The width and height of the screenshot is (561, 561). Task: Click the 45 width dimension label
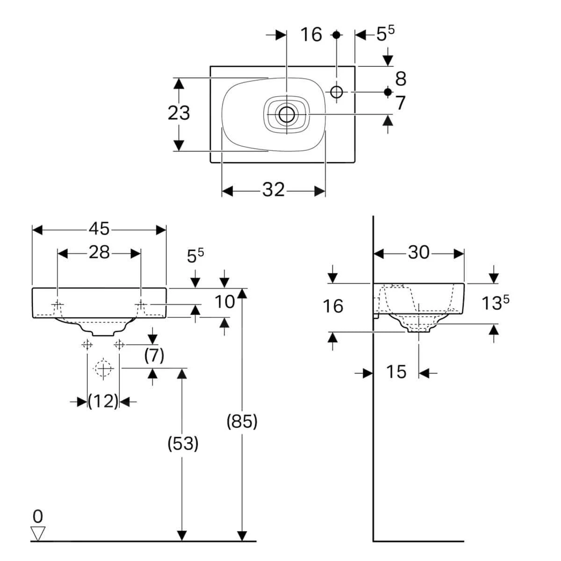click(99, 229)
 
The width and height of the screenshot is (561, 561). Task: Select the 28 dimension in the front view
click(99, 252)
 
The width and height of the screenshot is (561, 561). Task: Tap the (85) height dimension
click(242, 421)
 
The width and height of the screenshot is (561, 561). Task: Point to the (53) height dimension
click(183, 443)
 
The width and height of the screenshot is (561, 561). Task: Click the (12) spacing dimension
click(103, 401)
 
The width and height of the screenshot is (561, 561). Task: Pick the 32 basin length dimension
click(273, 190)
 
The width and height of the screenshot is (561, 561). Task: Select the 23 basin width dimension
click(179, 113)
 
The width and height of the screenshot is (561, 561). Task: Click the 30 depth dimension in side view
click(418, 252)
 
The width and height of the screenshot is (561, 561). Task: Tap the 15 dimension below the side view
click(396, 372)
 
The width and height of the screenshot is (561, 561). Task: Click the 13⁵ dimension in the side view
click(495, 303)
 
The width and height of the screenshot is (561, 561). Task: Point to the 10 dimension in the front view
click(224, 302)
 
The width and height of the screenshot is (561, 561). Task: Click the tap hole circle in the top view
click(337, 92)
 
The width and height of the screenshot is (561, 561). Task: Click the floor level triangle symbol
click(37, 533)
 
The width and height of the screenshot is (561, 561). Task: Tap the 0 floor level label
click(37, 516)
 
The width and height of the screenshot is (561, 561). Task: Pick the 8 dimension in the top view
click(401, 79)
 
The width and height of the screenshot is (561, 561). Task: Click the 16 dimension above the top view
click(311, 35)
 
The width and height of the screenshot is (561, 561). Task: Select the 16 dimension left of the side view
click(333, 306)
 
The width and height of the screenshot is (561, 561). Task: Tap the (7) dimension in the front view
click(154, 356)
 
